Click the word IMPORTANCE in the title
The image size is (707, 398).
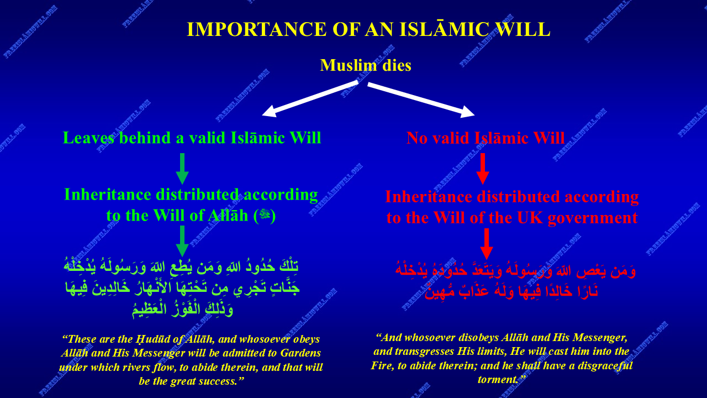256,29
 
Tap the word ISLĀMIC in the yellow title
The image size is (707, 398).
445,29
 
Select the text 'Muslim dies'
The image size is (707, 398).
366,65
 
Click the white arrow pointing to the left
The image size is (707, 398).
310,98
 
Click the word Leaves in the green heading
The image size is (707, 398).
89,138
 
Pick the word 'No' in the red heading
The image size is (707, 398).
417,138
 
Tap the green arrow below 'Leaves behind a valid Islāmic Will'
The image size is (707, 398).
182,169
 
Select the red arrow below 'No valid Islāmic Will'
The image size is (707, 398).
483,169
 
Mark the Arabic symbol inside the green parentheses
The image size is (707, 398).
265,215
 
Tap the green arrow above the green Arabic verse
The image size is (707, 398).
182,241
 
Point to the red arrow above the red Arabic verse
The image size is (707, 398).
487,244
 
